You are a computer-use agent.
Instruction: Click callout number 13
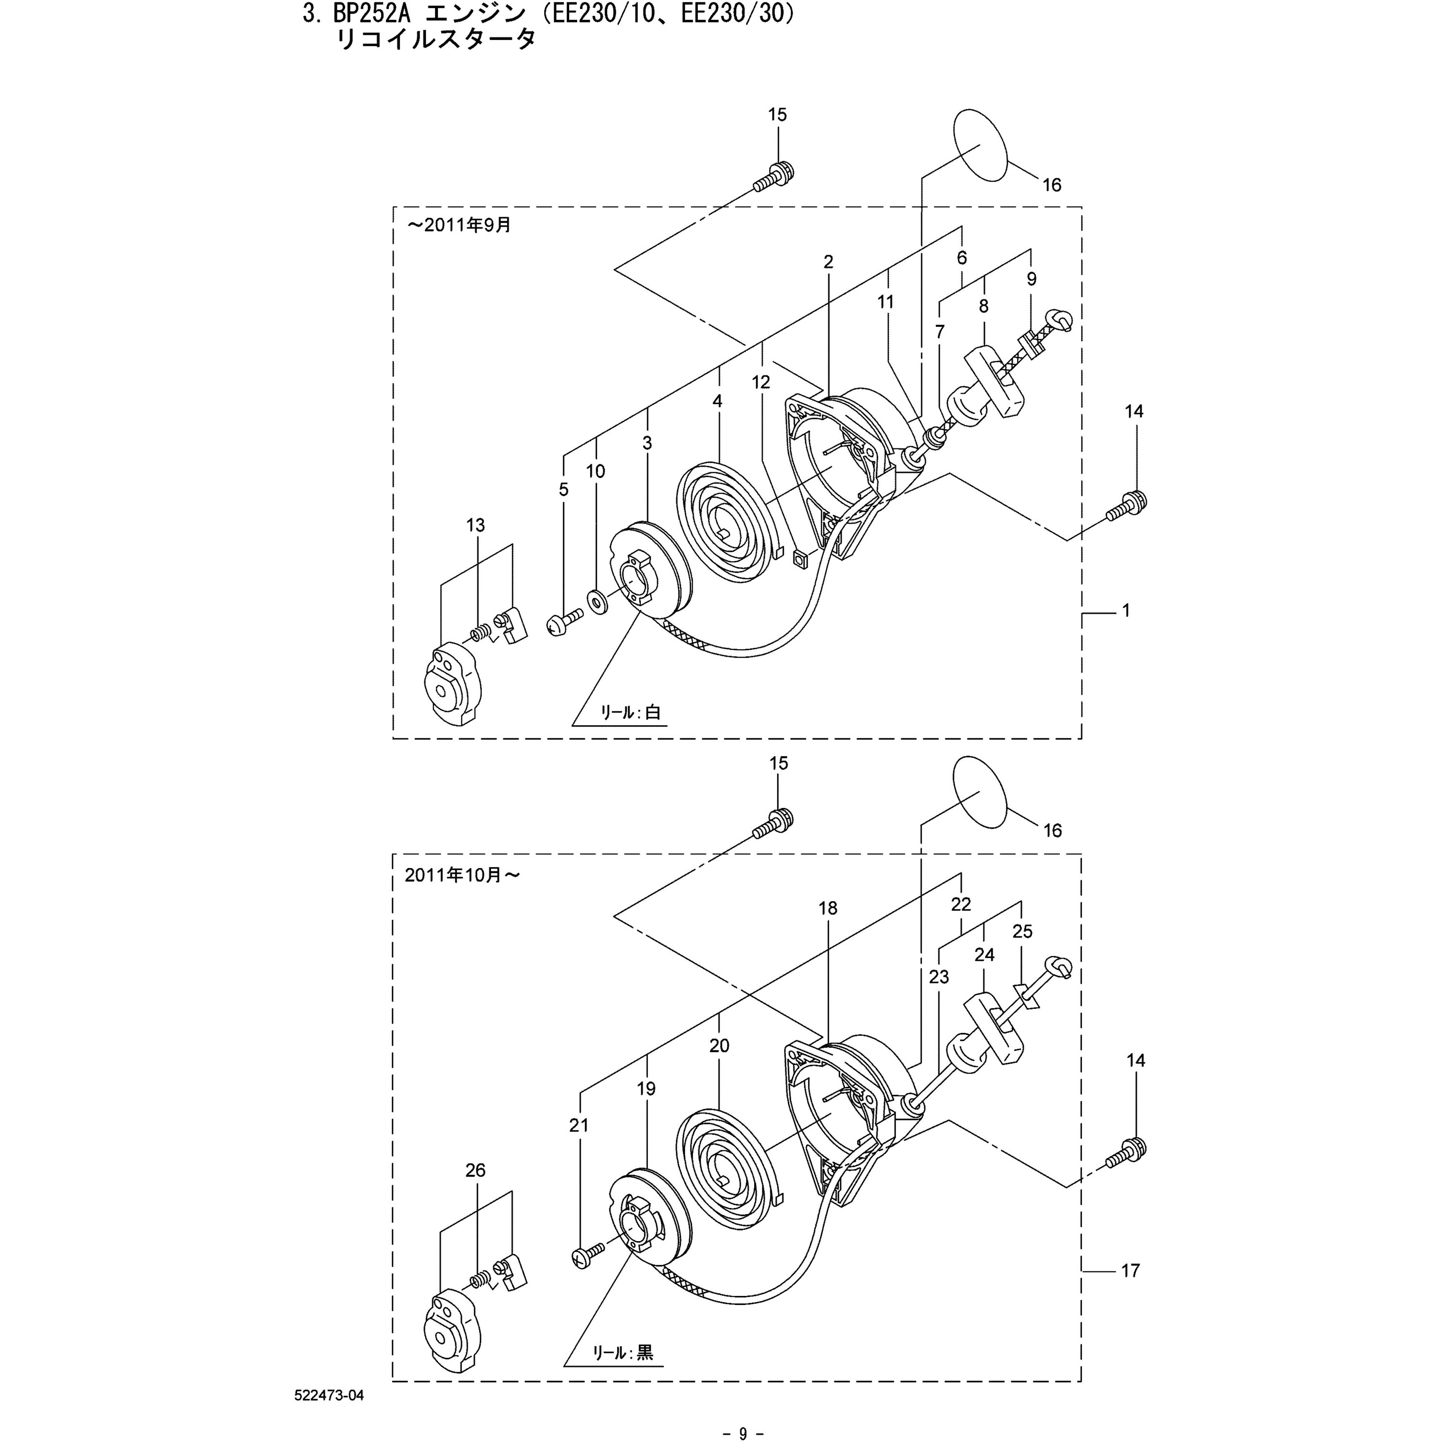(475, 525)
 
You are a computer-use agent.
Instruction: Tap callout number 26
(475, 1170)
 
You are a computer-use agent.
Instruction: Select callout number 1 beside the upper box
(1126, 610)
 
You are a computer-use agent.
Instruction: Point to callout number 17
(1131, 1270)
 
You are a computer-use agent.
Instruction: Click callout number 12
(760, 382)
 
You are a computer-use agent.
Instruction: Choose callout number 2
(829, 262)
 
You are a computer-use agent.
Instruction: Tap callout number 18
(828, 908)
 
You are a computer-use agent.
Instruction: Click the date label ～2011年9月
(459, 224)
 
